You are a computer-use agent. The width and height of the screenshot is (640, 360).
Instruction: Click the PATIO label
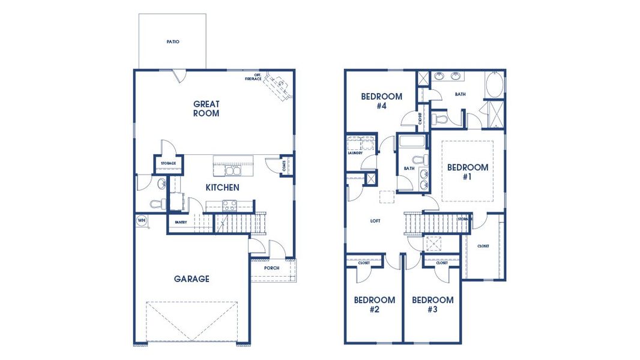click(173, 42)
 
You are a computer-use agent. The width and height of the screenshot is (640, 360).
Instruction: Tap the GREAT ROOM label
click(206, 109)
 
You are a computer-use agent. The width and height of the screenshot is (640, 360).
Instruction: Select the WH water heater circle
click(142, 220)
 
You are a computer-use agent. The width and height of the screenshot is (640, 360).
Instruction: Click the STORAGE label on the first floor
click(168, 163)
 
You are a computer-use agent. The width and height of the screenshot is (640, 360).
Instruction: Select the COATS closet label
click(284, 166)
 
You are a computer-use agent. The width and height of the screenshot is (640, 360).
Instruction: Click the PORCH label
click(271, 268)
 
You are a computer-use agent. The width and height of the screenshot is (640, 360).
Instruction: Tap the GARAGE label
click(192, 279)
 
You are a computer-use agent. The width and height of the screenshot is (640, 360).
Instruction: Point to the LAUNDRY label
click(355, 153)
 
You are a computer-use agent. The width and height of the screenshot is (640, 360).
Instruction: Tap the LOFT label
click(375, 221)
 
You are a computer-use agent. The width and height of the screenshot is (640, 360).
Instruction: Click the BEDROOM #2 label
click(374, 305)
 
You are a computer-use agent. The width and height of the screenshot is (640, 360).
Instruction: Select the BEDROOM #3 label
click(432, 305)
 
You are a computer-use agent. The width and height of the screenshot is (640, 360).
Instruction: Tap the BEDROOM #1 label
click(468, 172)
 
